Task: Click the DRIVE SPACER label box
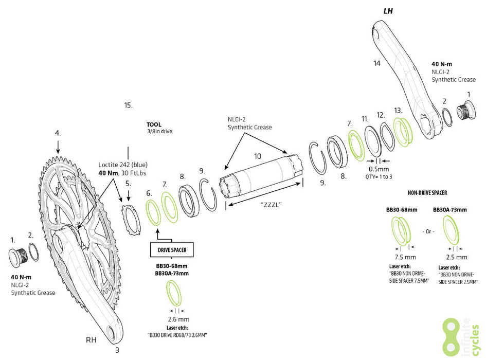pos(172,250)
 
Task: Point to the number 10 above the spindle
pos(258,155)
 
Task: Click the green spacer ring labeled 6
pos(154,212)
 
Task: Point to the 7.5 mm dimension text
pos(402,257)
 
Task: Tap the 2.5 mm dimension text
pos(457,257)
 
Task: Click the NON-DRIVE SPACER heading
pos(427,192)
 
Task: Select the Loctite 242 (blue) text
pos(123,165)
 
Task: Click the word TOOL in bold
pos(154,124)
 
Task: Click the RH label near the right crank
pos(91,340)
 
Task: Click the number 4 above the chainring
pos(58,133)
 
